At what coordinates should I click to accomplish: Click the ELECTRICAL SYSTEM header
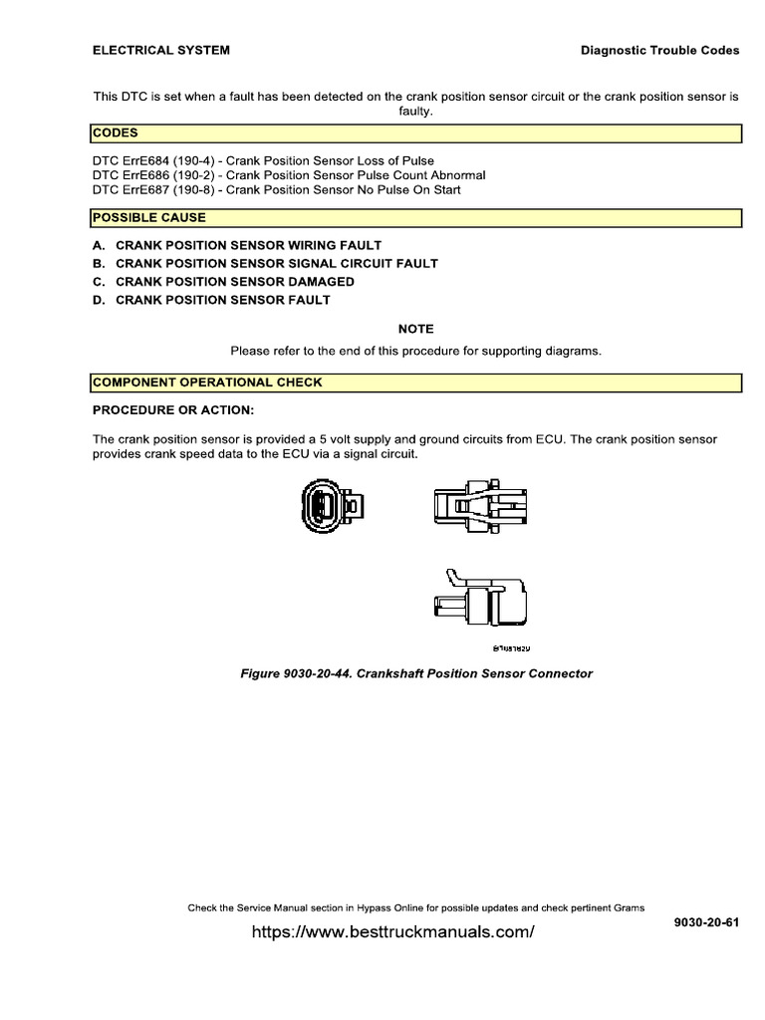pyautogui.click(x=161, y=50)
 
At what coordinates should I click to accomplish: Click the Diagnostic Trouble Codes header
pyautogui.click(x=659, y=50)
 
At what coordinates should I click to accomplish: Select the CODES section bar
pyautogui.click(x=416, y=133)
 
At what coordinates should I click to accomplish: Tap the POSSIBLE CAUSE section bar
pyautogui.click(x=416, y=217)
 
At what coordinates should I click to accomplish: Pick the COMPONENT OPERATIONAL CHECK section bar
pyautogui.click(x=416, y=382)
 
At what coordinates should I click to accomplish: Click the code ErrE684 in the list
pyautogui.click(x=149, y=160)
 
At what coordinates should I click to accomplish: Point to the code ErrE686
pyautogui.click(x=149, y=174)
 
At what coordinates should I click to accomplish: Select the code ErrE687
pyautogui.click(x=149, y=188)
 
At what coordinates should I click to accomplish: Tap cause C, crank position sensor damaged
pyautogui.click(x=223, y=282)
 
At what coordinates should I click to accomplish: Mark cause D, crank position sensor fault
pyautogui.click(x=211, y=300)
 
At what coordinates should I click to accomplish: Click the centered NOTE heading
pyautogui.click(x=416, y=329)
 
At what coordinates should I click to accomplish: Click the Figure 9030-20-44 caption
pyautogui.click(x=416, y=673)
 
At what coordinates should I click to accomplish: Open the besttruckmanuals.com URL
pyautogui.click(x=393, y=932)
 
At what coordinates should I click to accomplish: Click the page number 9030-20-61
pyautogui.click(x=707, y=921)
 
